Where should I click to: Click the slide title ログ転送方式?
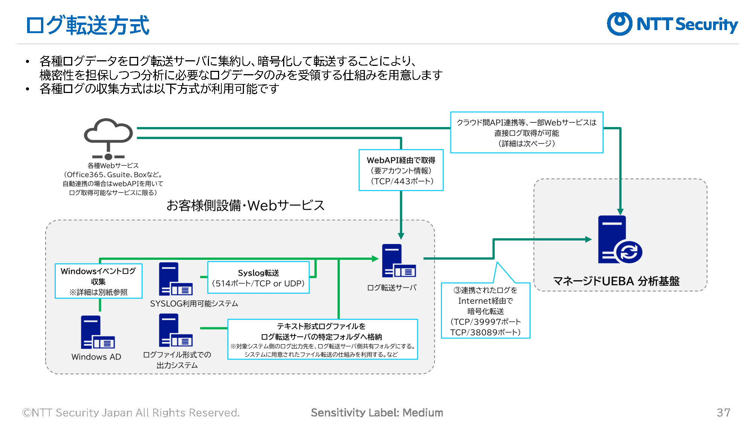pyautogui.click(x=87, y=25)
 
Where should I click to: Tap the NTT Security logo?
pyautogui.click(x=672, y=24)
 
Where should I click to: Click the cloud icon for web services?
pyautogui.click(x=108, y=139)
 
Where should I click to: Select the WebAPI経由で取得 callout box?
pyautogui.click(x=401, y=170)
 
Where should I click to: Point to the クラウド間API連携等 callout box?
pyautogui.click(x=527, y=133)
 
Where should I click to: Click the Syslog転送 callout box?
pyautogui.click(x=258, y=278)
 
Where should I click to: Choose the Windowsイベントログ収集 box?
pyautogui.click(x=99, y=281)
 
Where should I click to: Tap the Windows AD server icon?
pyautogui.click(x=98, y=332)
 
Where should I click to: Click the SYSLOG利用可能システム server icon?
pyautogui.click(x=175, y=279)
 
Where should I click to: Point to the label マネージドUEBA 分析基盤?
pyautogui.click(x=616, y=281)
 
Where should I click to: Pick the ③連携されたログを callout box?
pyautogui.click(x=486, y=311)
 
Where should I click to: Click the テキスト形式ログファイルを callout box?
pyautogui.click(x=323, y=339)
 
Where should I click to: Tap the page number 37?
pyautogui.click(x=723, y=413)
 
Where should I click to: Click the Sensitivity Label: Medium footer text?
pyautogui.click(x=377, y=413)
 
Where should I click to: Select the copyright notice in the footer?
pyautogui.click(x=131, y=413)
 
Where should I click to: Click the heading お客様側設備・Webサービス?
pyautogui.click(x=245, y=206)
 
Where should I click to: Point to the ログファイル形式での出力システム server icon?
pyautogui.click(x=175, y=330)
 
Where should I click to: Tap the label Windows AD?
pyautogui.click(x=96, y=357)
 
